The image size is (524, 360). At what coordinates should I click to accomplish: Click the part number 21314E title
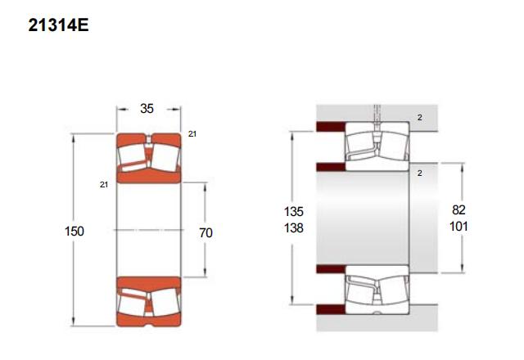point(58,25)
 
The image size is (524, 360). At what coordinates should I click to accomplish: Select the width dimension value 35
point(147,109)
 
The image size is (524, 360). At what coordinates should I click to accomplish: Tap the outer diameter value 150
point(75,231)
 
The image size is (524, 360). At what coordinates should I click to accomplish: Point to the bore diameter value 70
point(206,232)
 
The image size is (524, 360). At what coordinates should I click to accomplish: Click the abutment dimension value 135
point(293,211)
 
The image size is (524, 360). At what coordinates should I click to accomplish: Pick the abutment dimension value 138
point(293,228)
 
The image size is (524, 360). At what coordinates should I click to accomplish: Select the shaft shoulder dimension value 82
point(458,209)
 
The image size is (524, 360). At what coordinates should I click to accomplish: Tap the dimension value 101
point(458,227)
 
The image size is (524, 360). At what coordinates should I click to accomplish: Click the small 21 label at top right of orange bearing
point(192,134)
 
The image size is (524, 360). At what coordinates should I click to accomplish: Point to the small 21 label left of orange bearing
point(104,185)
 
